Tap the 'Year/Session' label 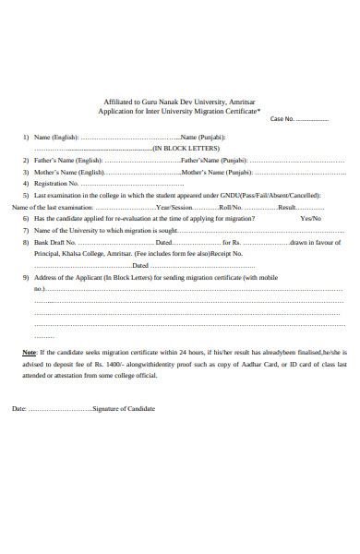click(174, 208)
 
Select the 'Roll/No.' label click(232, 208)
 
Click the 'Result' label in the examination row click(286, 208)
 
